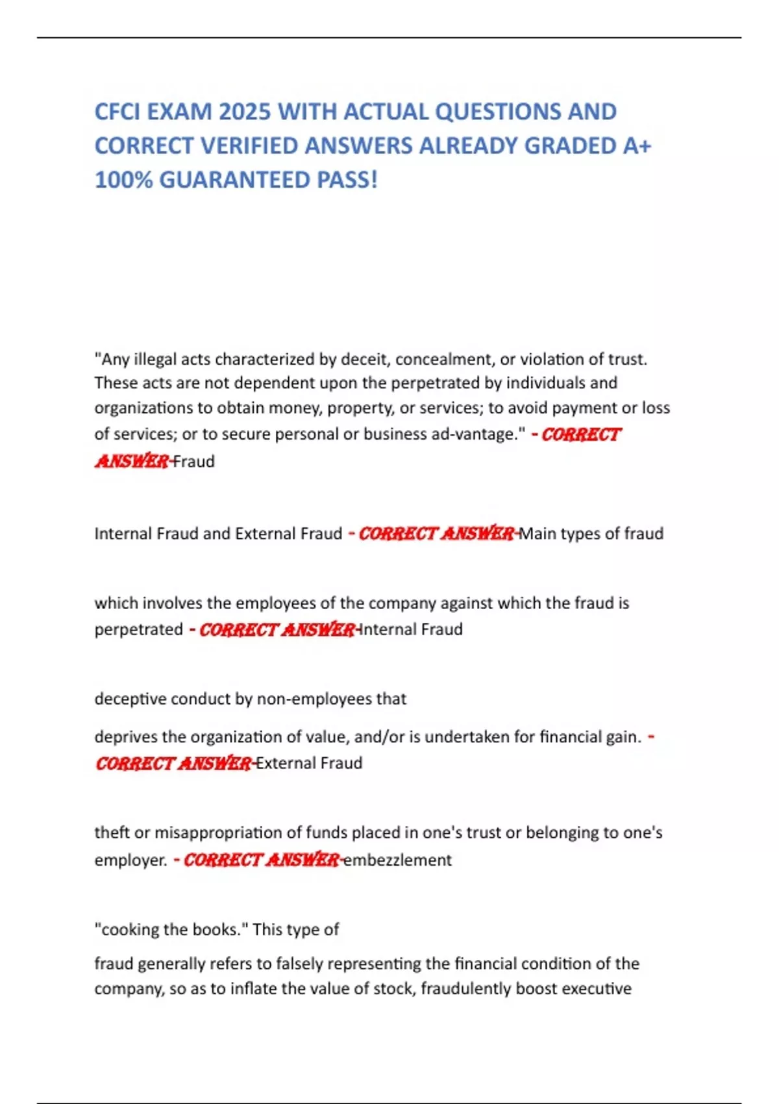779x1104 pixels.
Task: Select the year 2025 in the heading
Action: pyautogui.click(x=244, y=112)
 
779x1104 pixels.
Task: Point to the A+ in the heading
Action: pyautogui.click(x=637, y=146)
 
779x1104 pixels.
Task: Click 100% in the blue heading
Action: pyautogui.click(x=123, y=180)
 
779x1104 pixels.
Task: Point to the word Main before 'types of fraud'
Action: pyautogui.click(x=538, y=534)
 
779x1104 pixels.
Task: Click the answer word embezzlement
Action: pyautogui.click(x=397, y=860)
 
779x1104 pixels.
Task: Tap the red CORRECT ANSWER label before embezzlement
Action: pyautogui.click(x=261, y=860)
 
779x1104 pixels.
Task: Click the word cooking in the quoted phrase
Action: pyautogui.click(x=128, y=929)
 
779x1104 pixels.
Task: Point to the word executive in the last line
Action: pyautogui.click(x=596, y=988)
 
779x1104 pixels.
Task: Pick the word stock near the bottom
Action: pyautogui.click(x=393, y=988)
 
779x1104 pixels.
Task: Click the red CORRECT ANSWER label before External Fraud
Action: pyautogui.click(x=173, y=763)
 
